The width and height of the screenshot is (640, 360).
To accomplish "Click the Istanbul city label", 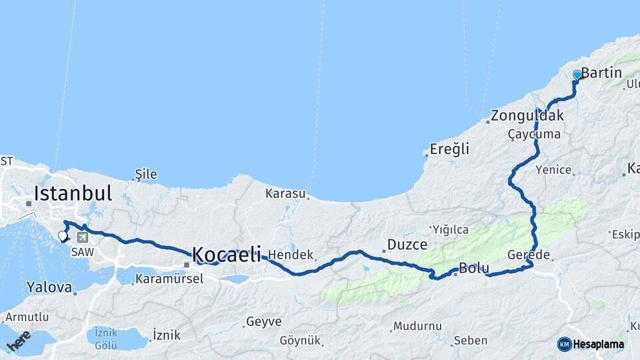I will [x=73, y=194].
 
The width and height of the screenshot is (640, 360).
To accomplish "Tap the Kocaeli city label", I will [x=226, y=254].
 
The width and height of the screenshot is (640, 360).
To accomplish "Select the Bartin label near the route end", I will [x=601, y=73].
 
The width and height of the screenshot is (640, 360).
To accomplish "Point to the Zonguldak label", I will [x=527, y=116].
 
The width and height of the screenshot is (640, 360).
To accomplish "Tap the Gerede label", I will [x=529, y=255].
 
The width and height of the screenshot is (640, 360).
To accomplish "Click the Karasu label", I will [x=285, y=194].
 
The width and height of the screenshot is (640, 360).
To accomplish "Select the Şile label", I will [x=146, y=175].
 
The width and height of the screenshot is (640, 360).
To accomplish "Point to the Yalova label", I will [x=49, y=288].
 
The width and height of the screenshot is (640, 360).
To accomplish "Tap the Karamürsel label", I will [x=169, y=279].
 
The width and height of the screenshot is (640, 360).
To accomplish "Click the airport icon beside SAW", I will [x=83, y=237].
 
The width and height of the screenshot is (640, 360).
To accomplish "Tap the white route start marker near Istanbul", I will [x=63, y=235].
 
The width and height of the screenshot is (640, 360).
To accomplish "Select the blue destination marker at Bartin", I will [x=577, y=75].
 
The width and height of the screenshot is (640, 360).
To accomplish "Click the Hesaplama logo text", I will [x=597, y=345].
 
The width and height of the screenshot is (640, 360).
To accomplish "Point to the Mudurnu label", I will [x=417, y=326].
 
